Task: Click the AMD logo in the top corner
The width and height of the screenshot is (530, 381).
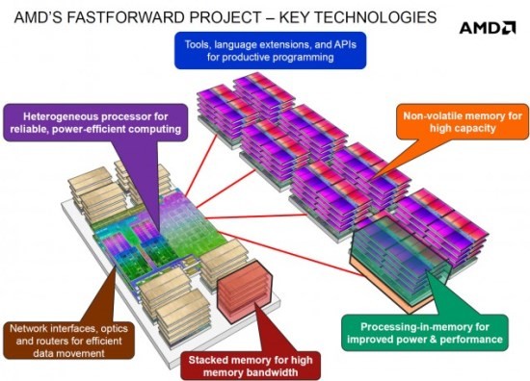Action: pyautogui.click(x=486, y=28)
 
